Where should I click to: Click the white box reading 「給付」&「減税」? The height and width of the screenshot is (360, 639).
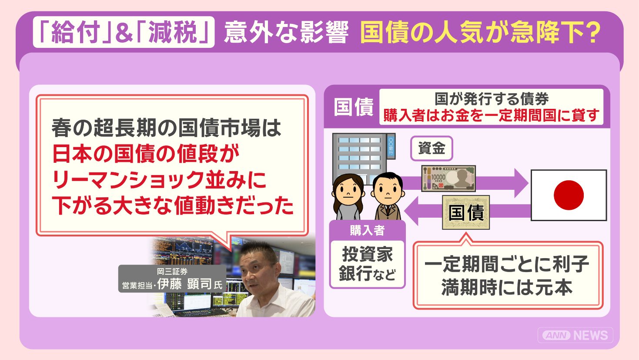[x=124, y=32]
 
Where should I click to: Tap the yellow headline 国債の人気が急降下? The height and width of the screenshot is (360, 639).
[x=481, y=32]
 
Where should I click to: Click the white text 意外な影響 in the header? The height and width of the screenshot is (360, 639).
[x=286, y=32]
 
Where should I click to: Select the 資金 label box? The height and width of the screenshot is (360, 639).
[x=432, y=148]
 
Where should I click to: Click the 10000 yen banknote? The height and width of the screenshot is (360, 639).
[x=448, y=178]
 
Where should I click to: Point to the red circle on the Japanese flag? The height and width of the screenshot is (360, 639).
[x=569, y=195]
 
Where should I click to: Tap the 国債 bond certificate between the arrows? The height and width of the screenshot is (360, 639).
[x=466, y=212]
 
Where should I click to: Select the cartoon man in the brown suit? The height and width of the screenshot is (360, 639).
[x=388, y=196]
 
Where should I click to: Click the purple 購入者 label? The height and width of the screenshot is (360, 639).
[x=368, y=230]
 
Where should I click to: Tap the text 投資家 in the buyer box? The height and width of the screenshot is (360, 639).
[x=368, y=254]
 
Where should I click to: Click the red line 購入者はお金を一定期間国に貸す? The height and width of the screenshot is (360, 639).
[x=491, y=115]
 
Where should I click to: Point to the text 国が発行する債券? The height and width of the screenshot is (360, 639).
[x=492, y=99]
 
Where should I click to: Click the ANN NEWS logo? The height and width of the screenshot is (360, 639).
[x=575, y=335]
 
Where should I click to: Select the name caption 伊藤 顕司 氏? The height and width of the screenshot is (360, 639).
[x=189, y=284]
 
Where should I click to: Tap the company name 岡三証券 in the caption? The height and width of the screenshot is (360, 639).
[x=172, y=271]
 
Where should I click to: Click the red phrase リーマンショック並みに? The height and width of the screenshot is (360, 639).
[x=159, y=180]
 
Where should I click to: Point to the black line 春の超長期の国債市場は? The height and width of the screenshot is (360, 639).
[x=167, y=128]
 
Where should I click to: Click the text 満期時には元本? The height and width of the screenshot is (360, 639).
[x=507, y=287]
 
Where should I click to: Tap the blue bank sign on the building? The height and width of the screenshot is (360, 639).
[x=391, y=146]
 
